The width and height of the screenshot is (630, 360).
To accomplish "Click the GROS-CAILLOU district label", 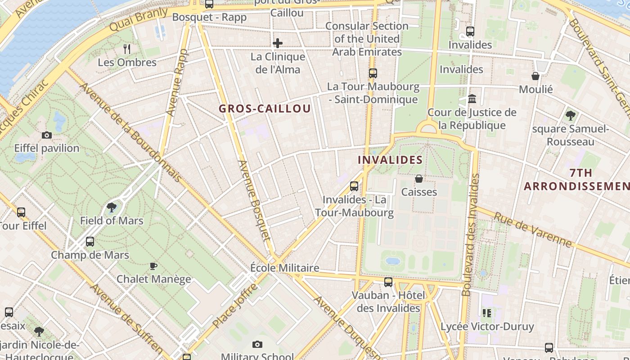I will click(x=265, y=109).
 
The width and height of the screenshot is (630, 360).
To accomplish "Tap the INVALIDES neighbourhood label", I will click(x=390, y=160).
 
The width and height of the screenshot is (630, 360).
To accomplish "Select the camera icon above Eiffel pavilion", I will click(x=46, y=135).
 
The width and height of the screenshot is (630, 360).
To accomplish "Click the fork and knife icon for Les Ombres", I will click(x=127, y=49).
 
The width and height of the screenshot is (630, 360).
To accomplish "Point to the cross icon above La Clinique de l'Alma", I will click(x=278, y=43).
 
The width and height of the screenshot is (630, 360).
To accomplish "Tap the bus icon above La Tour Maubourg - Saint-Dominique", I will click(x=373, y=73).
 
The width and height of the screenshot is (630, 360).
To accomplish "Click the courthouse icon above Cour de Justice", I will click(x=472, y=99).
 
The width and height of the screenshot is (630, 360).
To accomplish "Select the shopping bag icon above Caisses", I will click(x=419, y=179).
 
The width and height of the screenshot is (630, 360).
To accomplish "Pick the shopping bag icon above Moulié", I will click(x=535, y=76).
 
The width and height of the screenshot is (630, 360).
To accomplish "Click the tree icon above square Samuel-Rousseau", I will click(x=570, y=116).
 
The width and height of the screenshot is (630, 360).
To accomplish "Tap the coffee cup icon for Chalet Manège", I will click(x=153, y=266).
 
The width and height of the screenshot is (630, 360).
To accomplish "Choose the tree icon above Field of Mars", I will click(x=111, y=207).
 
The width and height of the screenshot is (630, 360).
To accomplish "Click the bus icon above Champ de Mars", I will click(x=90, y=242).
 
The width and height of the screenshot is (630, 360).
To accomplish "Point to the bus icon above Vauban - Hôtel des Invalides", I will click(x=388, y=282).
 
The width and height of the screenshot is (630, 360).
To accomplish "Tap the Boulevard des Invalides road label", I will click(x=470, y=234).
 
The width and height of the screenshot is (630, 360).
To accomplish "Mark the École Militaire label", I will click(x=284, y=268).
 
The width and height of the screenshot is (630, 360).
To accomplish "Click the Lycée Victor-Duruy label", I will click(x=487, y=326).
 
